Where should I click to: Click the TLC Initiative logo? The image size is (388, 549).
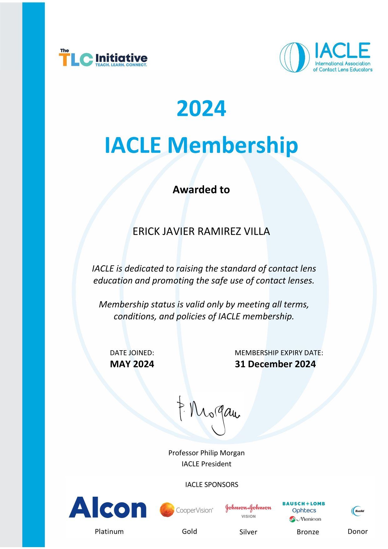click(x=103, y=58)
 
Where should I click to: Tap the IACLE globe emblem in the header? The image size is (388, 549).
click(x=294, y=57)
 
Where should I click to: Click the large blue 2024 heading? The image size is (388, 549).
click(x=201, y=109)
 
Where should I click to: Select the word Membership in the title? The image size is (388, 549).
click(x=233, y=145)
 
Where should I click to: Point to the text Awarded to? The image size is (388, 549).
click(x=201, y=190)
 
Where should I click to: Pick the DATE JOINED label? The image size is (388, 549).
click(x=132, y=353)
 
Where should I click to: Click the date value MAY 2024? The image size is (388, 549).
click(x=132, y=364)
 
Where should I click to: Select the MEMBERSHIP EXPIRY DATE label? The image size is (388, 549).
click(x=279, y=353)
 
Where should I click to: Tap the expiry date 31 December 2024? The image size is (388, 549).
click(x=275, y=364)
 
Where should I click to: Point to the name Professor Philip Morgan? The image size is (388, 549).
click(x=207, y=453)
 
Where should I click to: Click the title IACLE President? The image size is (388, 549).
click(x=207, y=464)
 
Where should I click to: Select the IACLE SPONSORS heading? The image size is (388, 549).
click(x=212, y=485)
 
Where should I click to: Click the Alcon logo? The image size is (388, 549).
click(x=108, y=508)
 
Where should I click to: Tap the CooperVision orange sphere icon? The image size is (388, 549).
click(x=167, y=510)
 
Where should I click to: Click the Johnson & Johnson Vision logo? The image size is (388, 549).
click(x=248, y=511)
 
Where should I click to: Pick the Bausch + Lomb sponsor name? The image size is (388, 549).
click(x=304, y=504)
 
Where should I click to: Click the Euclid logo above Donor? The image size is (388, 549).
click(x=357, y=511)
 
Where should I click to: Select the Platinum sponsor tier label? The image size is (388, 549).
click(x=109, y=531)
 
